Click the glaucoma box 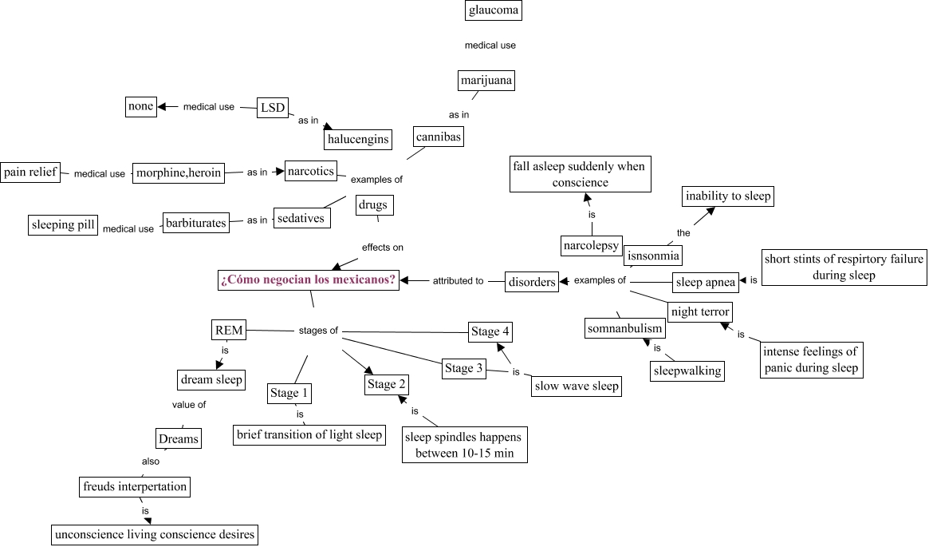[x=493, y=10]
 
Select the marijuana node [x=486, y=80]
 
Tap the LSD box [x=273, y=107]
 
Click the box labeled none [x=141, y=106]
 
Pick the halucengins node [x=359, y=140]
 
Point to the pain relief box [x=30, y=172]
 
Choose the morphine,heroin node [x=179, y=172]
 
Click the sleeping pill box [x=63, y=225]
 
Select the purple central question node [x=308, y=279]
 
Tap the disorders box [x=532, y=282]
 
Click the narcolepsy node [x=591, y=246]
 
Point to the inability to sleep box [x=728, y=196]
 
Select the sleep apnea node [x=706, y=283]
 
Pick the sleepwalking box [x=687, y=371]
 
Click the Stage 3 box [x=463, y=368]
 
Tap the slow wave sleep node [x=577, y=386]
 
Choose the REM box [x=229, y=331]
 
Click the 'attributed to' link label [x=458, y=281]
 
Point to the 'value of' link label [x=189, y=405]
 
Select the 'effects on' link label [x=383, y=248]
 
